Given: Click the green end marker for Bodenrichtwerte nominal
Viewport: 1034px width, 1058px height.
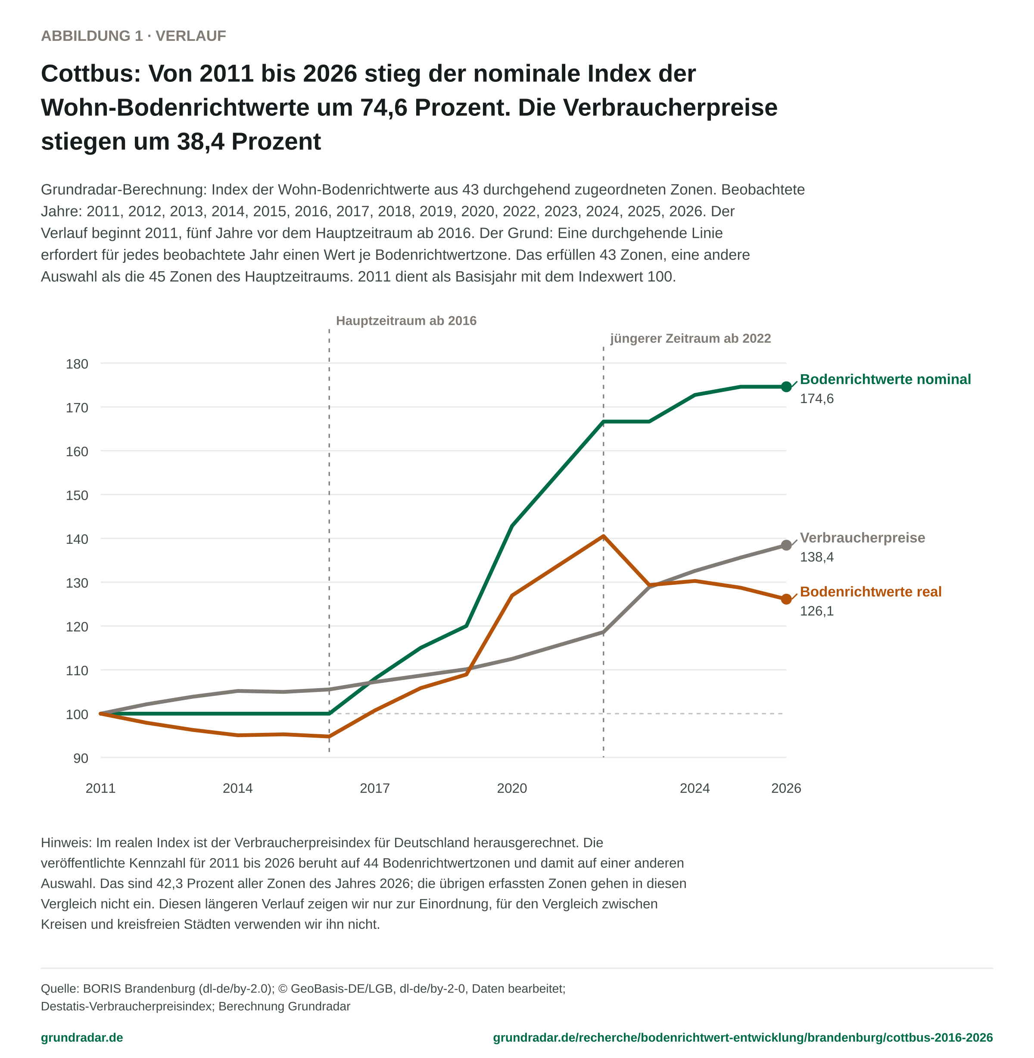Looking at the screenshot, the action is click(786, 387).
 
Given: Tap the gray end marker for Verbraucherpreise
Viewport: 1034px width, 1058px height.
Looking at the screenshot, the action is click(786, 545).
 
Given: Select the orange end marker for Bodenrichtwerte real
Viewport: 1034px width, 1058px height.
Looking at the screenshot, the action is click(786, 599).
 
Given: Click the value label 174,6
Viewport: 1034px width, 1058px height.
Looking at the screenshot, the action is click(816, 398).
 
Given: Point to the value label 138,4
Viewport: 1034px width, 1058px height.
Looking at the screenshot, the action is click(816, 557).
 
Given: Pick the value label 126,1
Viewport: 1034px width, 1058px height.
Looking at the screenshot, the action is click(816, 611).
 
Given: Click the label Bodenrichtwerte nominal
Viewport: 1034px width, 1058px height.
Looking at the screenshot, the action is click(885, 379).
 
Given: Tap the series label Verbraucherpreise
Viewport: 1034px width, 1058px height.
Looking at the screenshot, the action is click(863, 537).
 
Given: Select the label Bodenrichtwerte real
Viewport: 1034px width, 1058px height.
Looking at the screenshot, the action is click(871, 591).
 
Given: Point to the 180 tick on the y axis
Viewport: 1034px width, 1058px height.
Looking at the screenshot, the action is click(77, 364).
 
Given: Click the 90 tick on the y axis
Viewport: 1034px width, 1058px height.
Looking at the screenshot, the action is click(81, 758).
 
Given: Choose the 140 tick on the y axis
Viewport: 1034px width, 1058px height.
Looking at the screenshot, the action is click(77, 539).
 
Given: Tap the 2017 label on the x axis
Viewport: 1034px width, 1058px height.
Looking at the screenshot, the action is click(375, 788).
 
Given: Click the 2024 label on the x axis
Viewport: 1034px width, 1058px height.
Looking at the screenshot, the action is click(695, 788).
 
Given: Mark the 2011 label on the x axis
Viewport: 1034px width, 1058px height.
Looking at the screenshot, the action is click(100, 788).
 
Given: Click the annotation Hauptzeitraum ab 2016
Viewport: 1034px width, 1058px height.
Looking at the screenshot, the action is click(406, 321).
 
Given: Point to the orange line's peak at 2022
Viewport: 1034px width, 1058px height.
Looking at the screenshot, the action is click(603, 537).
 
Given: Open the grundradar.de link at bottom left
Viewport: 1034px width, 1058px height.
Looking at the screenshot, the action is click(82, 1037).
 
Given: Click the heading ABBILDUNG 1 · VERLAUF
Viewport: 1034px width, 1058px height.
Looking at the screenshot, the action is click(134, 36).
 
